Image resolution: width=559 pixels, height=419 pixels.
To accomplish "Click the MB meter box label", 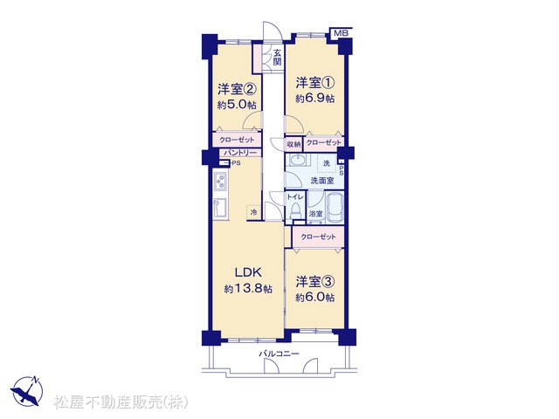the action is click(x=341, y=33).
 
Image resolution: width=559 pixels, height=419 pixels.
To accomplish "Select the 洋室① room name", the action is click(x=314, y=83).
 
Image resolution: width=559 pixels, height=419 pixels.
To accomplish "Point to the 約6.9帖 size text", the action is click(x=314, y=99).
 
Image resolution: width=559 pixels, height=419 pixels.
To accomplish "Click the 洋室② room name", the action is click(x=238, y=89).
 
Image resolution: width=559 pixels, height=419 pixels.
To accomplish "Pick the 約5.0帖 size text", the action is click(x=238, y=105).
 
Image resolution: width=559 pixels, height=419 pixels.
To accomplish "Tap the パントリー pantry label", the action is click(x=240, y=153).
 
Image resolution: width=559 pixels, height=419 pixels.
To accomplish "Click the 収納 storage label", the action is click(x=294, y=144).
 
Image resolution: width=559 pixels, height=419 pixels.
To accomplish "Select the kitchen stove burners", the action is click(x=220, y=182).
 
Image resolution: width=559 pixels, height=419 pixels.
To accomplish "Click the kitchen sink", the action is click(x=219, y=208).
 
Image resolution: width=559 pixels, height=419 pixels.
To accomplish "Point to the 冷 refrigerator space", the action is click(x=253, y=213).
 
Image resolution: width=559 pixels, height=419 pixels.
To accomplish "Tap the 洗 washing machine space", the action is click(x=326, y=163).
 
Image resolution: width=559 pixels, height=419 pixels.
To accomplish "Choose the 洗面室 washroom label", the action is click(x=322, y=181).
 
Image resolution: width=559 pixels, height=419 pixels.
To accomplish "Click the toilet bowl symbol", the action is click(x=295, y=211).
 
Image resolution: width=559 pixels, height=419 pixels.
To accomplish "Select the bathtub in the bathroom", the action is click(x=335, y=208).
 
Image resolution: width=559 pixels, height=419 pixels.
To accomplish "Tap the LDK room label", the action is click(x=248, y=272).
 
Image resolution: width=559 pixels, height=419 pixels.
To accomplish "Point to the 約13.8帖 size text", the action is click(x=248, y=289).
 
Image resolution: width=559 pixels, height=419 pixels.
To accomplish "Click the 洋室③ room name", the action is click(x=314, y=281).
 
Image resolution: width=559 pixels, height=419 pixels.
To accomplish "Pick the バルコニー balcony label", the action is click(x=279, y=354).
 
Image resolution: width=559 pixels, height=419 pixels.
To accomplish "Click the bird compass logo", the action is click(x=26, y=391).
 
